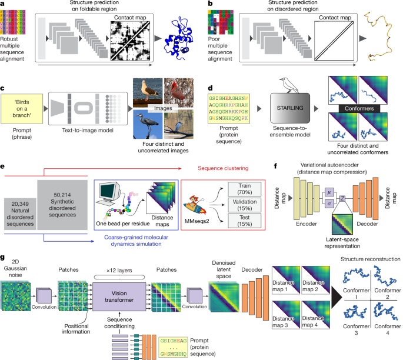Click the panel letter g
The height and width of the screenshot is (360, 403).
(x=4, y=257)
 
